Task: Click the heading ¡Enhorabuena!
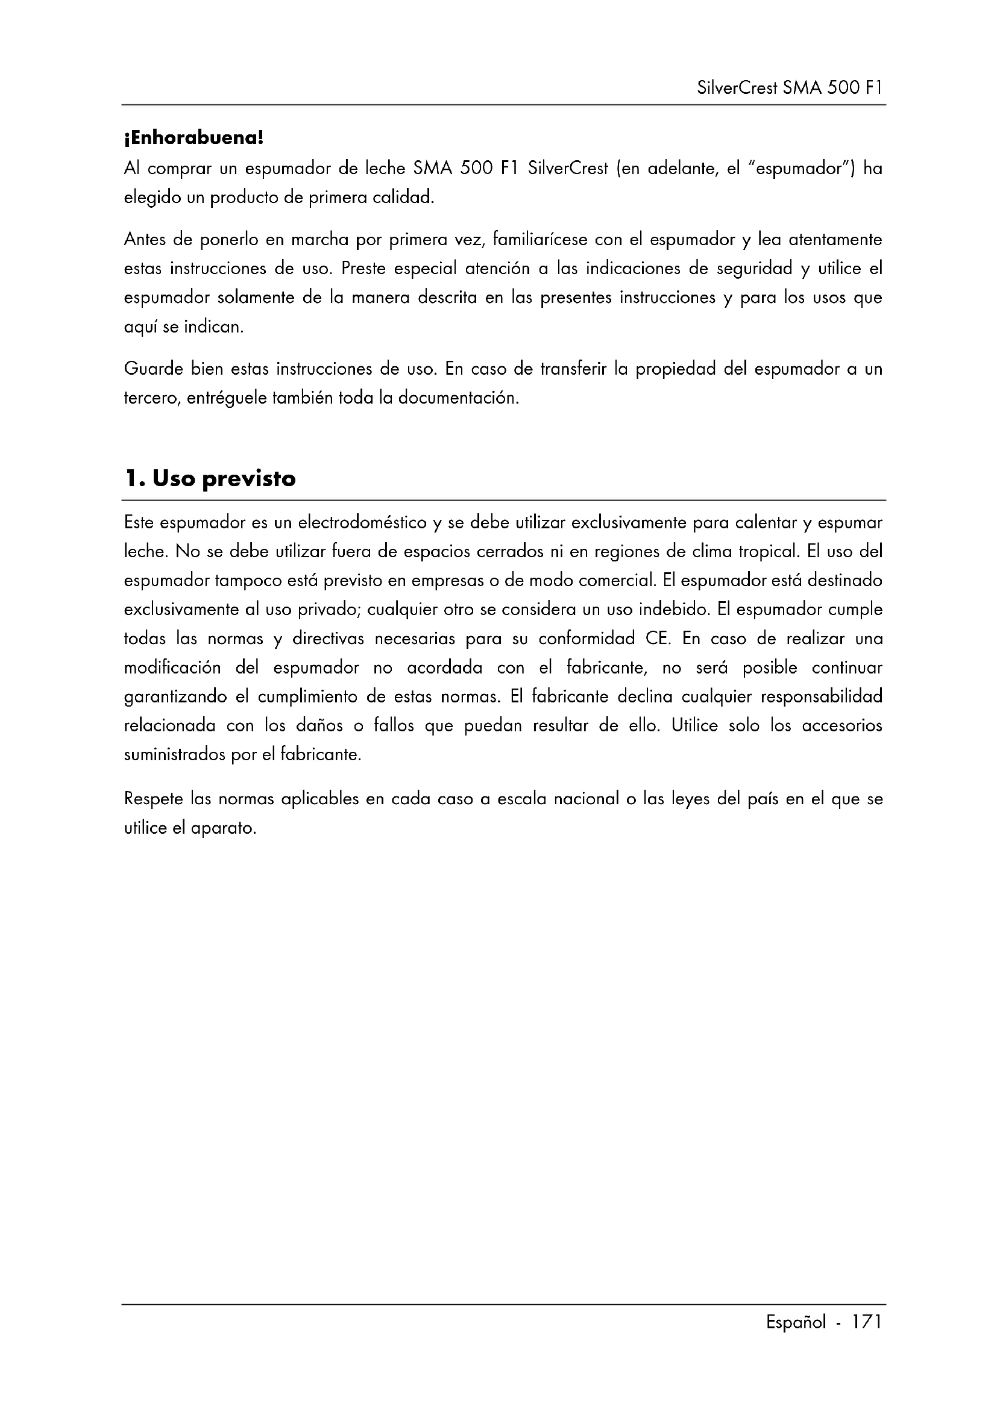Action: (193, 138)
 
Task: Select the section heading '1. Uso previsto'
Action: (210, 479)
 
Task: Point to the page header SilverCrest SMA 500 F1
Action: (790, 89)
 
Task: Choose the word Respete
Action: (154, 799)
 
